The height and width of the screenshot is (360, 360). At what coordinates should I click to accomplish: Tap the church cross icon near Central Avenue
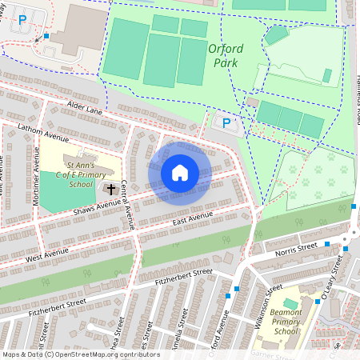click(110, 190)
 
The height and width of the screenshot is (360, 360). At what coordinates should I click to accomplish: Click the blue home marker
click(180, 173)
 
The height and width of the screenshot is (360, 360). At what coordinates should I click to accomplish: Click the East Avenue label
click(190, 218)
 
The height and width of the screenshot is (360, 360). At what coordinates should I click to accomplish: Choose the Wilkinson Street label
click(260, 298)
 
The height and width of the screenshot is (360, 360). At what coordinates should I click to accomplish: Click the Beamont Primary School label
click(286, 322)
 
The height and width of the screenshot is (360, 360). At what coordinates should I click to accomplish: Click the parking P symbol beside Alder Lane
click(226, 122)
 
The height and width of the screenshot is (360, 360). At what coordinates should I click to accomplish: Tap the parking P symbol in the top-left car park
click(22, 18)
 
